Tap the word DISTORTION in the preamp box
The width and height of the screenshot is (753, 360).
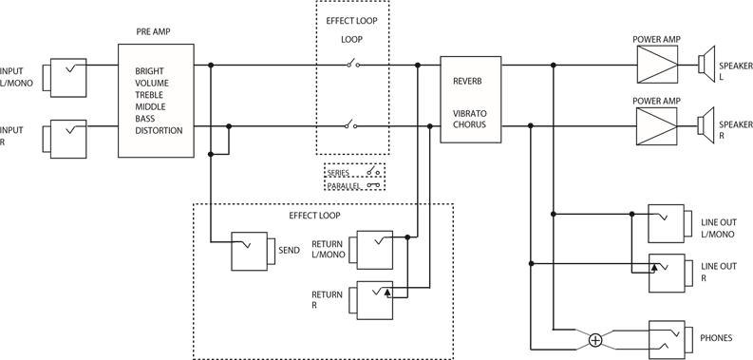pyautogui.click(x=160, y=130)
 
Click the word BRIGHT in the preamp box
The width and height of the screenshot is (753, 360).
pyautogui.click(x=149, y=71)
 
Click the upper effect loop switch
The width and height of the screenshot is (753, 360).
pyautogui.click(x=352, y=65)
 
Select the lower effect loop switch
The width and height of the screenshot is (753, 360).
pyautogui.click(x=352, y=124)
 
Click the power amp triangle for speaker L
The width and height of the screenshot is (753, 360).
pyautogui.click(x=656, y=66)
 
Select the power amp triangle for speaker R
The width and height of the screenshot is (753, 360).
pyautogui.click(x=656, y=124)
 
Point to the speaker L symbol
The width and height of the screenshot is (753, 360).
pyautogui.click(x=706, y=64)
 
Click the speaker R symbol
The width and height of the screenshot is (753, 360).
pyautogui.click(x=706, y=124)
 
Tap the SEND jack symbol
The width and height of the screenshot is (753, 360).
pyautogui.click(x=252, y=251)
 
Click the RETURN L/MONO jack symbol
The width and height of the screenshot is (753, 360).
pyautogui.click(x=371, y=249)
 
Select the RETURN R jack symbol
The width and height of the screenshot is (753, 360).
pyautogui.click(x=371, y=300)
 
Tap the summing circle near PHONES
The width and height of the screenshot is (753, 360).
pyautogui.click(x=595, y=339)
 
